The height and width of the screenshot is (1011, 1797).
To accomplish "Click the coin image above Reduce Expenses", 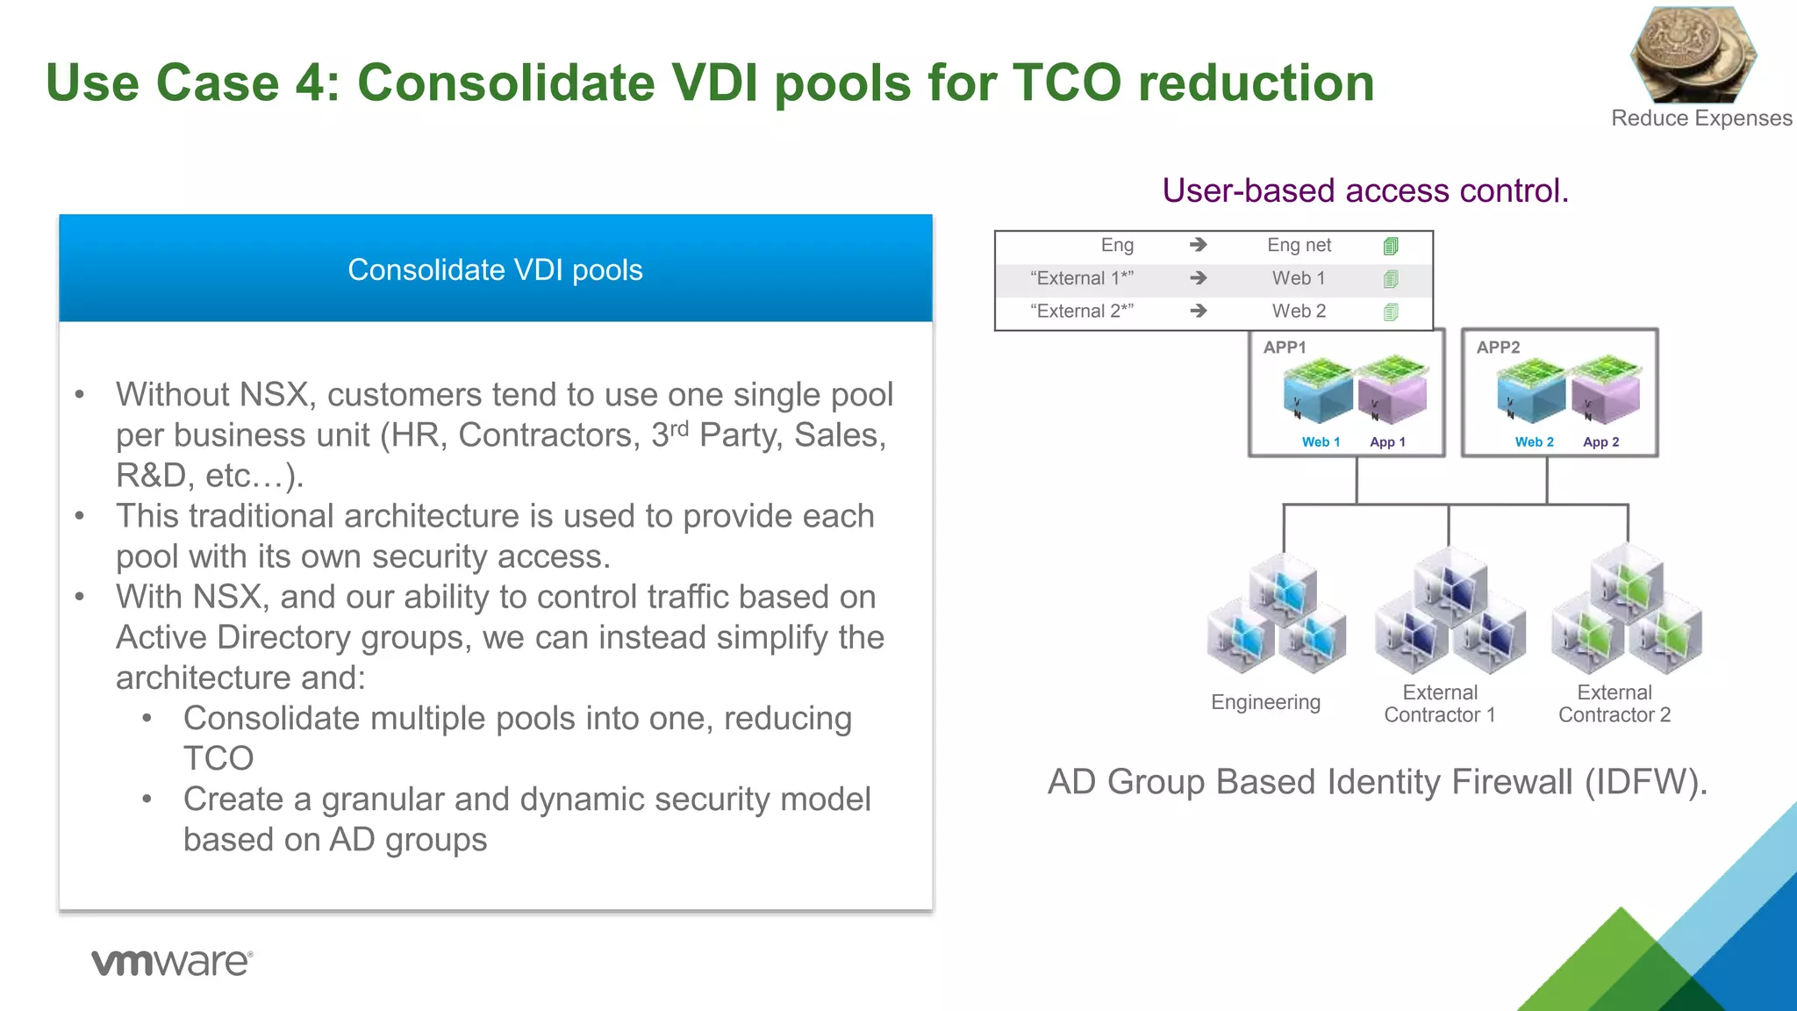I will [1693, 54].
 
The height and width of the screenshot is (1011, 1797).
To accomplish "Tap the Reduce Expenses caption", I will [1700, 118].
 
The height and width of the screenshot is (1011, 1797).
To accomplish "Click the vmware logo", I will [172, 962].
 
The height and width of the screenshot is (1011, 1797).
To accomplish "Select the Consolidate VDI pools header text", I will [495, 270].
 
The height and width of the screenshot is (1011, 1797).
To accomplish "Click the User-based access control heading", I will [1365, 190].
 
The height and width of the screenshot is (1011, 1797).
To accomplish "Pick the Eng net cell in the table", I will [1299, 246].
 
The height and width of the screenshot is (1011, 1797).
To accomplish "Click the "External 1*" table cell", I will [1081, 278].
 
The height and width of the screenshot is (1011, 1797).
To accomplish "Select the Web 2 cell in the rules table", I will [1299, 312].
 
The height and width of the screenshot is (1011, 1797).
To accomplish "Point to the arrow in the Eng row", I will [1199, 246].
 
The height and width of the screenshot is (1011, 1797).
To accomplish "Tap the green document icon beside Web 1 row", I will [1391, 279].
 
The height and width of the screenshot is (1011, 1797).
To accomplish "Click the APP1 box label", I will [1285, 348].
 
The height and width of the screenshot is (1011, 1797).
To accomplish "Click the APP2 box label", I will [1498, 348].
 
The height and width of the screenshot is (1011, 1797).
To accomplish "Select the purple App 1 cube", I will [1391, 391].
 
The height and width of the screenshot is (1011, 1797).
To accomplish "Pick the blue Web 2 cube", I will [1531, 391].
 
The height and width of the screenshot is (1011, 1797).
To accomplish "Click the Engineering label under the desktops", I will [1265, 702].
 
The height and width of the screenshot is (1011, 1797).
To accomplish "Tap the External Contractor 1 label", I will [1439, 704].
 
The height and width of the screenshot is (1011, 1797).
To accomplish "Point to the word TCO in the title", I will [1067, 83].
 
